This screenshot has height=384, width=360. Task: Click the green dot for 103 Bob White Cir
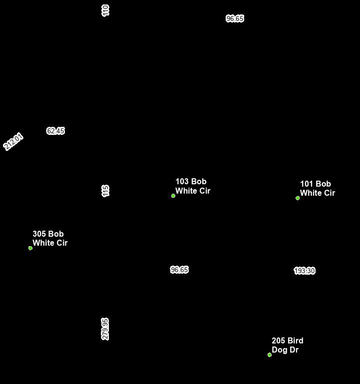pos(173,196)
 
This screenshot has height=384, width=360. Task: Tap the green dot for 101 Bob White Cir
pos(298,198)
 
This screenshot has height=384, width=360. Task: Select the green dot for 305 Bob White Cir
pos(30,248)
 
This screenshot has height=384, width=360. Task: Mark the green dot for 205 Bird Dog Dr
pos(270,355)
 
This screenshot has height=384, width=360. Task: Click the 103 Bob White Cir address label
pos(193,186)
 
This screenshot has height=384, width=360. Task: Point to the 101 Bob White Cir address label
pos(317,189)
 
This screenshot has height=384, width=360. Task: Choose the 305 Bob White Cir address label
pos(50,239)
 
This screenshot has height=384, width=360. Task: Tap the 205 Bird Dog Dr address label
pos(287,345)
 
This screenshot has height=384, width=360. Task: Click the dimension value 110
pos(105,10)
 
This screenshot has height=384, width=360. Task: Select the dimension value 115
pos(105,191)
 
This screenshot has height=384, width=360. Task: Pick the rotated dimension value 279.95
pos(105,329)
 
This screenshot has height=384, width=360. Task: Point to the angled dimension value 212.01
pos(13,141)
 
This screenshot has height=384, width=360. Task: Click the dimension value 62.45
pos(55,131)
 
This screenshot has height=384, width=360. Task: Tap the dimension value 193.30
pos(304,271)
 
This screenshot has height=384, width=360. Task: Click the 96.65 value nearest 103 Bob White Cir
pos(179,270)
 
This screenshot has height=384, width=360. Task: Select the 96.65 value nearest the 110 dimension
pos(235,18)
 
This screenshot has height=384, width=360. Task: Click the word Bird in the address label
pos(295,341)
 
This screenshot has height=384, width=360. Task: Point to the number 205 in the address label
pos(279,341)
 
